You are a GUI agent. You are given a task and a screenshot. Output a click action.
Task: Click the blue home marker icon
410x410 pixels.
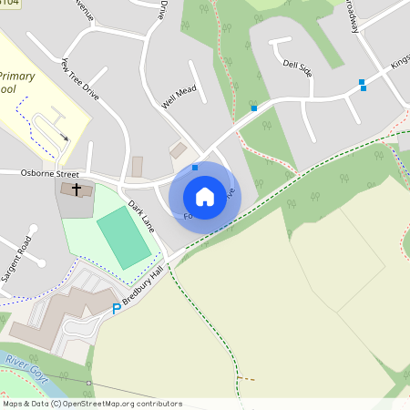pos(205,197)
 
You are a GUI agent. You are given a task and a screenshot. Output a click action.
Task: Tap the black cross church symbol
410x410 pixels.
pos(77,189)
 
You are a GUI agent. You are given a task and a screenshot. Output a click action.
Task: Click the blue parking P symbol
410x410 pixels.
pos(116,310)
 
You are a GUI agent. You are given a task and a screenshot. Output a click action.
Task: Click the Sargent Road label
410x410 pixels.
pos(17,258)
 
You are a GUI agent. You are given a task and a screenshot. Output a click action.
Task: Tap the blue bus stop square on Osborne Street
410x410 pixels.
pos(195,168)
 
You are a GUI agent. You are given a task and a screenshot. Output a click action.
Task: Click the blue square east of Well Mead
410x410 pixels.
pos(253,108)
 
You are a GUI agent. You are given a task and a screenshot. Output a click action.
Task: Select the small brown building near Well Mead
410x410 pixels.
pos(179,150)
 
